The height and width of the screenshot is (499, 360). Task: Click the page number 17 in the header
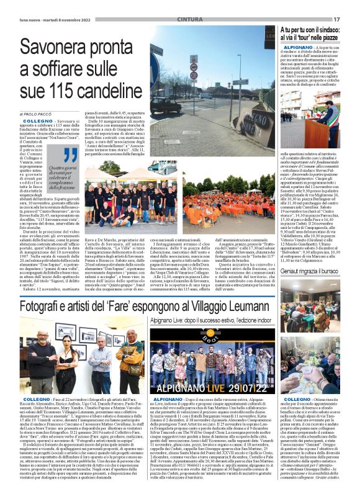[337, 19]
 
